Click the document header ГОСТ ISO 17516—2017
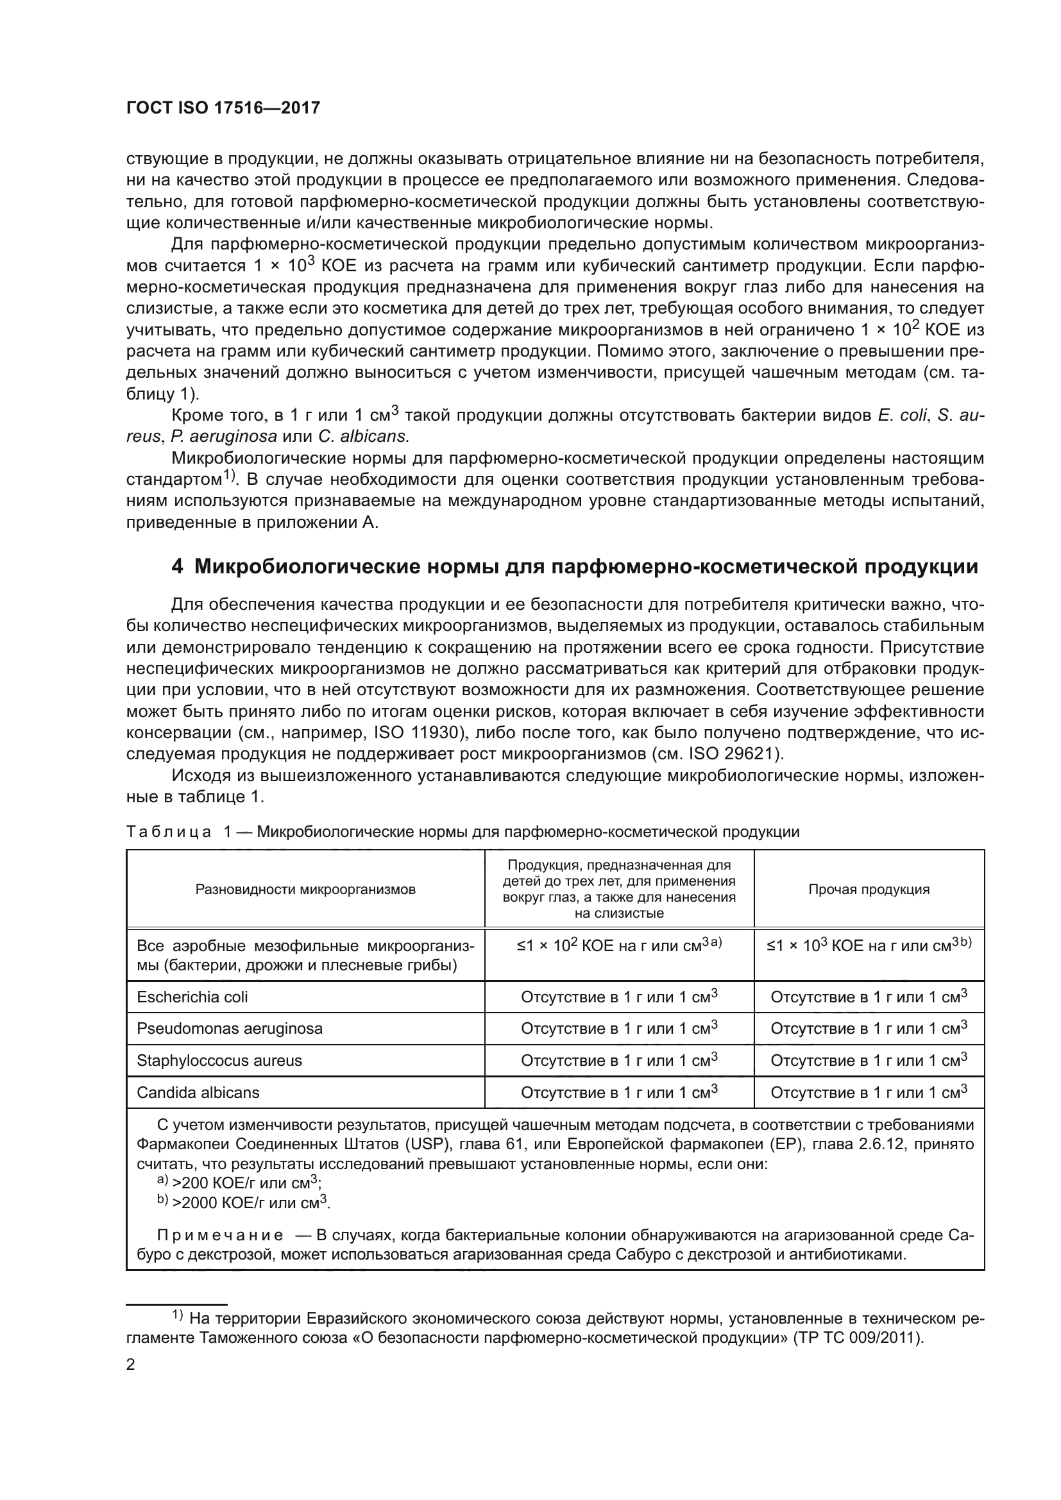(223, 108)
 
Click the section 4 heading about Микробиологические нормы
(574, 566)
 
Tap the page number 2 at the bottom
(131, 1365)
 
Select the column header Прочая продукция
(869, 889)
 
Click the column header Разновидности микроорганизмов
(305, 889)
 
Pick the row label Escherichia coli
(192, 997)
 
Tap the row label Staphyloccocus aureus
(219, 1060)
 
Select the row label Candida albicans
(198, 1092)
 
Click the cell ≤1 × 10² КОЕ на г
(618, 946)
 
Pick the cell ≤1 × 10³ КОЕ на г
(869, 946)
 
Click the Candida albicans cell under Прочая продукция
(869, 1092)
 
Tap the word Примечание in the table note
(220, 1235)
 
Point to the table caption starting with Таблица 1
(463, 832)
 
